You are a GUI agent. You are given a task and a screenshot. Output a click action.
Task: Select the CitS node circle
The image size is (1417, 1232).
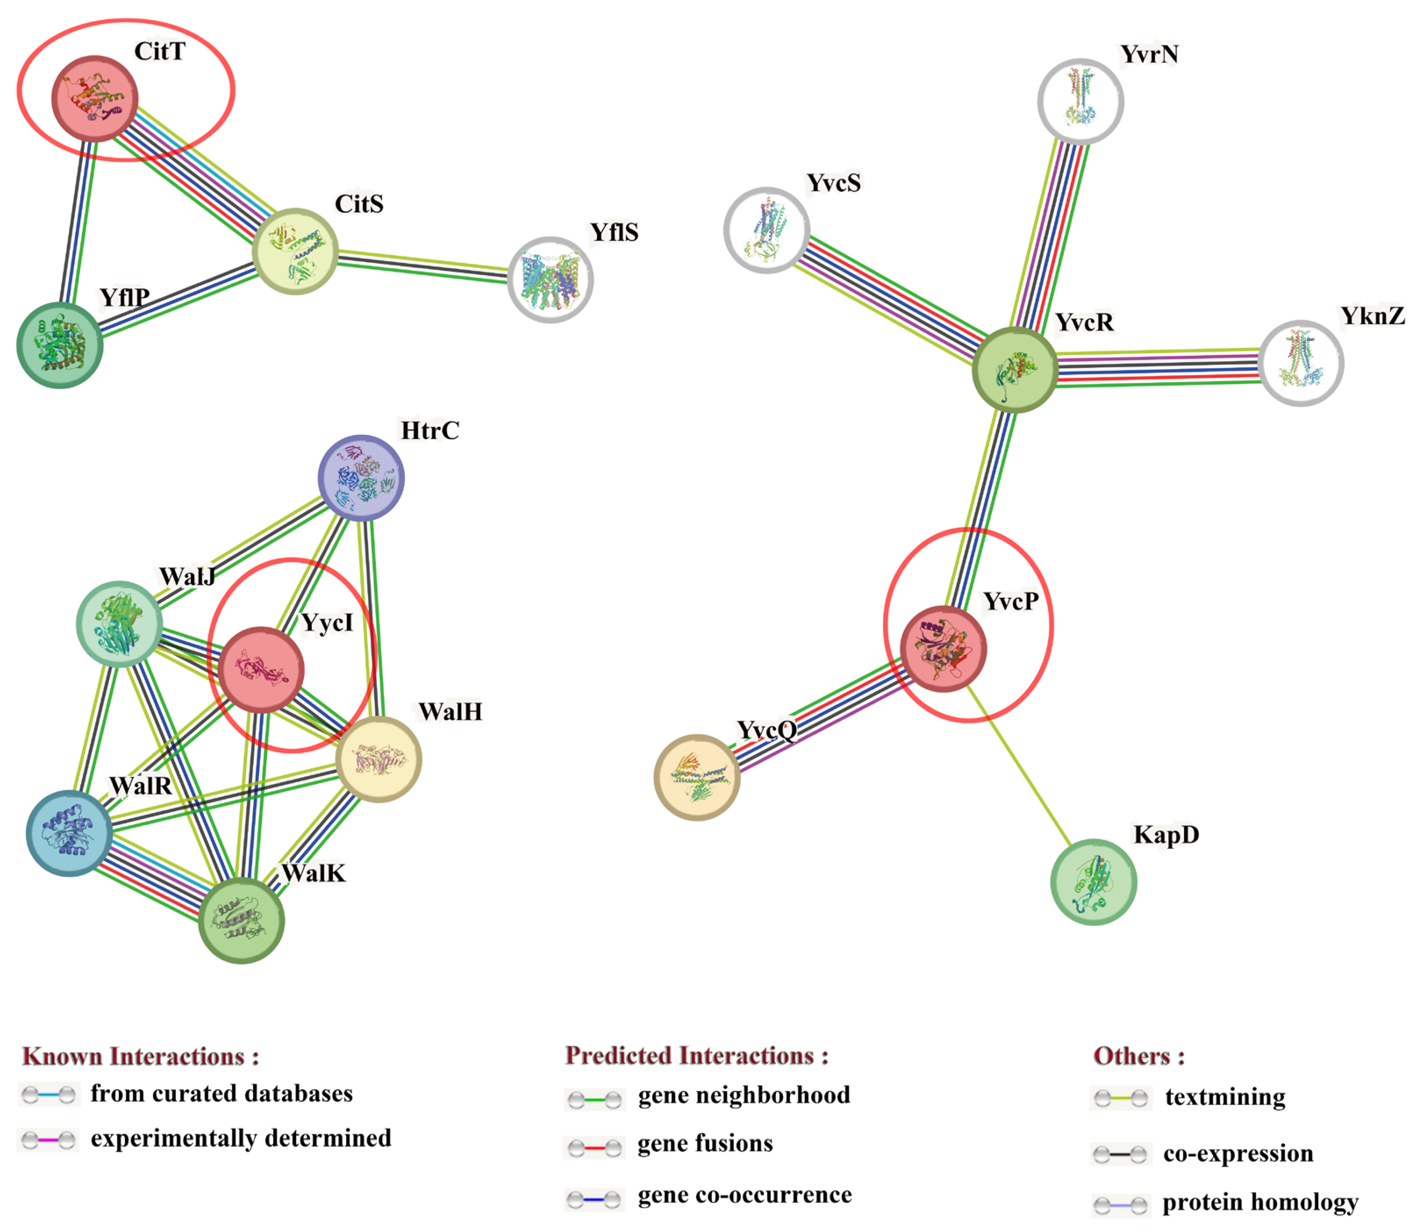(295, 251)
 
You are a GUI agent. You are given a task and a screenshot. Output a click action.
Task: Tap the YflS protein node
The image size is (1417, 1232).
(550, 280)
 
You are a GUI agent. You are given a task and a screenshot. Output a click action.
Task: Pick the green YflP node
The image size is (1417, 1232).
(60, 345)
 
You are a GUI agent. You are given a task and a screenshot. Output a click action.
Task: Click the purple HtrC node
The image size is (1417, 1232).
(361, 478)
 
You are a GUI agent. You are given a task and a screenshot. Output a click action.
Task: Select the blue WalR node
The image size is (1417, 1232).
(69, 833)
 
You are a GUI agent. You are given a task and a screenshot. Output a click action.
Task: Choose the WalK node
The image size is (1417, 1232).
(241, 920)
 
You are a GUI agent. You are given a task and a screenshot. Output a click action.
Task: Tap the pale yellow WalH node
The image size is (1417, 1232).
(378, 759)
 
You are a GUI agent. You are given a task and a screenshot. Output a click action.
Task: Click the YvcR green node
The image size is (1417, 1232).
(1015, 370)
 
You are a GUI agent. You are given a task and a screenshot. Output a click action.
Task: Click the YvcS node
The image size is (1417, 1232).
(766, 230)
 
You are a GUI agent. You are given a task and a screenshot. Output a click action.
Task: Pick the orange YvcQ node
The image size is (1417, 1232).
(697, 777)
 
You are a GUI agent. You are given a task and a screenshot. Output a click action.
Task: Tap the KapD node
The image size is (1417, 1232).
(1093, 882)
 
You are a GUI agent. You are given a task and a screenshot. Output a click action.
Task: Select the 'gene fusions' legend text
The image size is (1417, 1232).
(705, 1143)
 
